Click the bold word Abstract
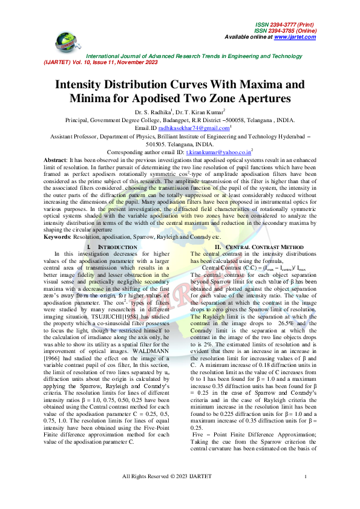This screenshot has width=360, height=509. coord(54,159)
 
